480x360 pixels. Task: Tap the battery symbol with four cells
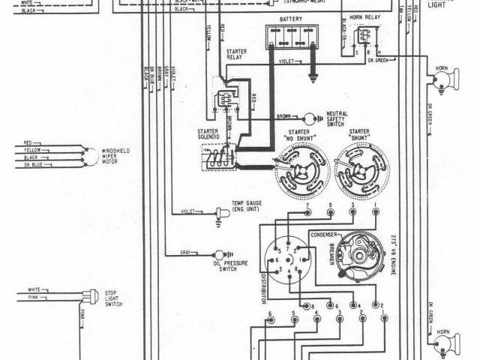pyautogui.click(x=292, y=37)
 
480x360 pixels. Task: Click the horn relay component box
pyautogui.click(x=365, y=40)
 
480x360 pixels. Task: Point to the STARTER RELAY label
pyautogui.click(x=236, y=54)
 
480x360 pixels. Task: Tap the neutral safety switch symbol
pyautogui.click(x=308, y=118)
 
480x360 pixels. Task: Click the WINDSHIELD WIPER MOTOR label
pyautogui.click(x=115, y=155)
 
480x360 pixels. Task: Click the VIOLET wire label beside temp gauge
pyautogui.click(x=187, y=211)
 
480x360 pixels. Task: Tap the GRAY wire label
pyautogui.click(x=186, y=252)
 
